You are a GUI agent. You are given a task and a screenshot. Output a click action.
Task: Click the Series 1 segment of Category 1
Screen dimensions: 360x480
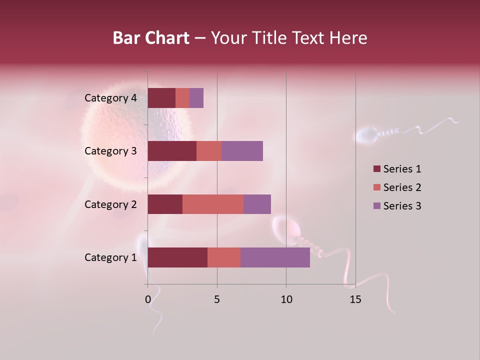click(177, 257)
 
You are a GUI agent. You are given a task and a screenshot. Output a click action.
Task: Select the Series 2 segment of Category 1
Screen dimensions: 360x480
click(224, 257)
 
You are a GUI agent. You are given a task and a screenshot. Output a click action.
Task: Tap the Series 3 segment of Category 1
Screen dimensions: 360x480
click(275, 257)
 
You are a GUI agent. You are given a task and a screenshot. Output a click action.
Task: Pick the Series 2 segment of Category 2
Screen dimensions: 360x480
click(213, 204)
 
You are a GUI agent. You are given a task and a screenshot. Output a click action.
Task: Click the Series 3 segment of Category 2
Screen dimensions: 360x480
click(257, 204)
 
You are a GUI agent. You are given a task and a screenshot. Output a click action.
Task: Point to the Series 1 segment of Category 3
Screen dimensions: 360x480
click(172, 151)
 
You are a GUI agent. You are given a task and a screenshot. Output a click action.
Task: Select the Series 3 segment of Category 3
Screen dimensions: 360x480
click(242, 151)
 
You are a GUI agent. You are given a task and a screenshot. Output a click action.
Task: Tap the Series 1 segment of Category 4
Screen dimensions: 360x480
click(161, 98)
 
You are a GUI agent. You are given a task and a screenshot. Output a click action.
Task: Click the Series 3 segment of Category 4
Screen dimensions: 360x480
click(196, 98)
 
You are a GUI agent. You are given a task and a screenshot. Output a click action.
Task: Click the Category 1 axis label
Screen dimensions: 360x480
click(110, 257)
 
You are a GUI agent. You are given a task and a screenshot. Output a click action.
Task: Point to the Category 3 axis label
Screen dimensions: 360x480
click(110, 151)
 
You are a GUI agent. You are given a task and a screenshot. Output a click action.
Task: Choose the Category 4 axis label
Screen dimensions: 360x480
click(110, 98)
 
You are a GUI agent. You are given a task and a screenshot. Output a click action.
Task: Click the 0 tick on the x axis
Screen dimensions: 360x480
click(148, 299)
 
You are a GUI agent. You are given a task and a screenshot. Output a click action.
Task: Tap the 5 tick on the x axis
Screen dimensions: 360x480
click(217, 299)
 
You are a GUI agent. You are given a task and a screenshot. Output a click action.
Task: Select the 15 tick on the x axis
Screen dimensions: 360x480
click(355, 299)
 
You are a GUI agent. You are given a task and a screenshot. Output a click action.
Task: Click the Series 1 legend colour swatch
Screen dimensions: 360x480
click(376, 169)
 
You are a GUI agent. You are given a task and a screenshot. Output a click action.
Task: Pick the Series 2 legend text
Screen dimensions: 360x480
click(402, 187)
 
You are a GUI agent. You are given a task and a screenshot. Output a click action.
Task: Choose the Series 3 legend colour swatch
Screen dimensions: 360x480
click(376, 206)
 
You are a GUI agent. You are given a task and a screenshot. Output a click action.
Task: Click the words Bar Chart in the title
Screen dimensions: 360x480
click(151, 38)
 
